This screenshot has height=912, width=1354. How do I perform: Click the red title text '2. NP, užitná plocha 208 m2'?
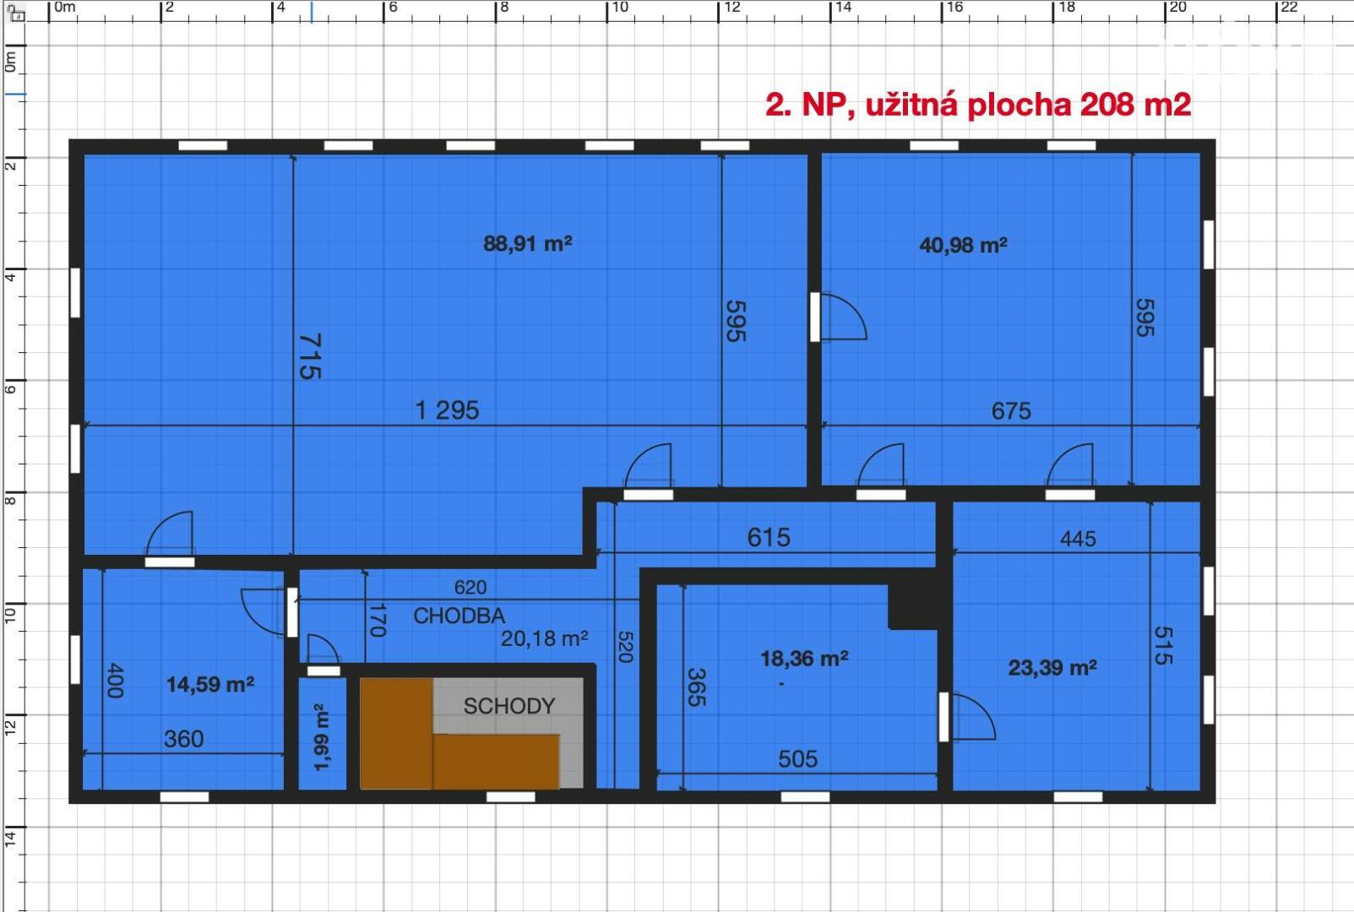978,105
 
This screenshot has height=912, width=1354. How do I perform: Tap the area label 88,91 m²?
528,243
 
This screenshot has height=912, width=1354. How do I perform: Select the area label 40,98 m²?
963,245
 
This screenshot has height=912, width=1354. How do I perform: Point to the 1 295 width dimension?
448,410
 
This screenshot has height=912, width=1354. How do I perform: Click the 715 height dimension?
310,356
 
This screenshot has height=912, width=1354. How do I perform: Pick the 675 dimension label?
1011,411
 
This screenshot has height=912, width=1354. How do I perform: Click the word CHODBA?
459,616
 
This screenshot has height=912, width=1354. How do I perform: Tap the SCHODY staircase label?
509,706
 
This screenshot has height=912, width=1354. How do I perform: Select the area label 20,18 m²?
544,638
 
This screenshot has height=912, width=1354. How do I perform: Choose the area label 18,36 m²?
804,658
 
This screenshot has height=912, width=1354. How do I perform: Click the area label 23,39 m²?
1052,668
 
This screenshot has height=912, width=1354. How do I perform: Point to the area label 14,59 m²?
209,684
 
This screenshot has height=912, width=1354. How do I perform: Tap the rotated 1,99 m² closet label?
322,737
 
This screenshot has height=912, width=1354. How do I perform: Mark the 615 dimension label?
769,537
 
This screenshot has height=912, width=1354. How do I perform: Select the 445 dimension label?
1079,539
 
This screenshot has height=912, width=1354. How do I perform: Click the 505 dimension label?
797,759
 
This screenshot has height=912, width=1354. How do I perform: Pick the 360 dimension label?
184,739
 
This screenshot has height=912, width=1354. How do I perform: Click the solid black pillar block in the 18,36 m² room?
912,605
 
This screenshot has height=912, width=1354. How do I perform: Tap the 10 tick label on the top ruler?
620,8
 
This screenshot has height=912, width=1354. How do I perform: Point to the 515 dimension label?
1163,645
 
